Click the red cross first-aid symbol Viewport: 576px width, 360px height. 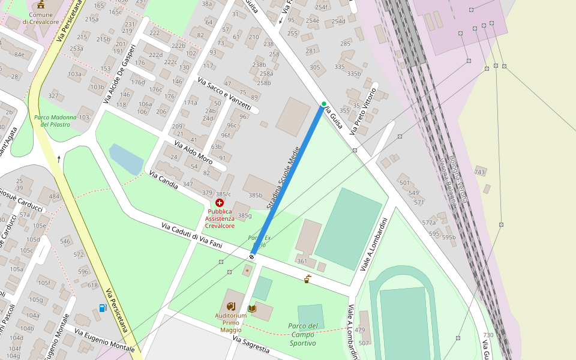click(x=220, y=203)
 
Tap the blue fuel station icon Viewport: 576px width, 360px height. click(x=103, y=308)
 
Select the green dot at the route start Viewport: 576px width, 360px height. click(x=324, y=104)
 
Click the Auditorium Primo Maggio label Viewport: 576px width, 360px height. click(x=230, y=323)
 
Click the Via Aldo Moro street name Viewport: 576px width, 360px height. click(x=193, y=152)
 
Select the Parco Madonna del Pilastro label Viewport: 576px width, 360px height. click(x=55, y=121)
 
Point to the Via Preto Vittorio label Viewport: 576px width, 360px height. click(x=363, y=112)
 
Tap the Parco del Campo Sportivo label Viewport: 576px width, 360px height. click(x=302, y=335)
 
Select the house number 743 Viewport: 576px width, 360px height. click(x=479, y=172)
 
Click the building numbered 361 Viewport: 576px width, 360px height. click(x=302, y=261)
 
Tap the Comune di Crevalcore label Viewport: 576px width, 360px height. click(x=40, y=18)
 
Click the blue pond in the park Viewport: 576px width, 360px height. click(x=126, y=158)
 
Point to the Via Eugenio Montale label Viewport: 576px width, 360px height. click(x=104, y=340)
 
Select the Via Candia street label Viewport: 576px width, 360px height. click(x=163, y=180)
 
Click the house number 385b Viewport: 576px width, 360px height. click(x=256, y=196)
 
